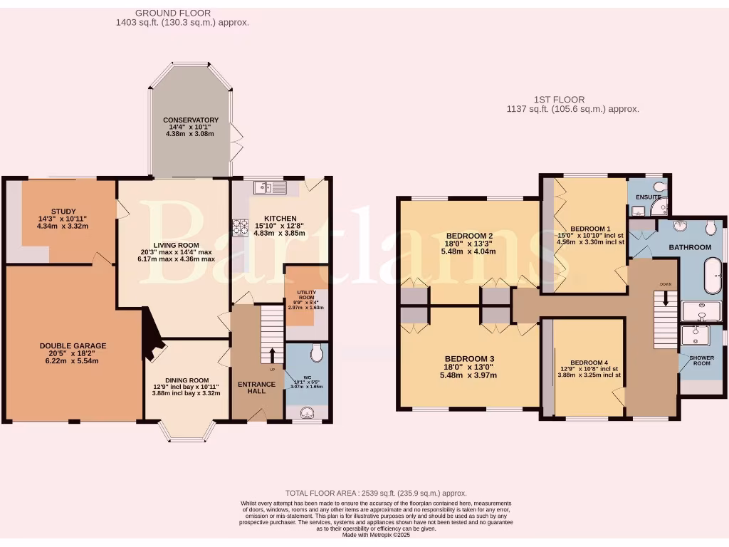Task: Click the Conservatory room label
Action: [190, 120]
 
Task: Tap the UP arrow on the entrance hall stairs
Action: [271, 355]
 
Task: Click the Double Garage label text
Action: [73, 346]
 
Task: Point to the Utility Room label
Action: [306, 296]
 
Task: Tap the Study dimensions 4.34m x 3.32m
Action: [62, 226]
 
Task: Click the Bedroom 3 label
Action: [469, 358]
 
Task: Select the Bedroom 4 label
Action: [589, 363]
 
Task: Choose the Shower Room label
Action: [702, 360]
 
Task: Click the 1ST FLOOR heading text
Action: [559, 100]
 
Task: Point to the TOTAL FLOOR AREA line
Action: [376, 493]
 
